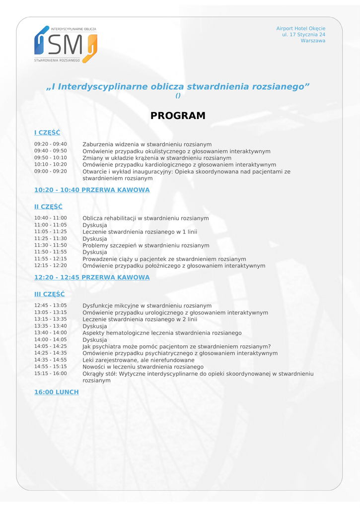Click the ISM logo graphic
[66, 44]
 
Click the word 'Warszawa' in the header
[313, 41]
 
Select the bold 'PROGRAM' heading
[178, 116]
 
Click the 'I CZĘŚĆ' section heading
[47, 132]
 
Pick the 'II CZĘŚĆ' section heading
[48, 206]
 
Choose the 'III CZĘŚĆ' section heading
[49, 294]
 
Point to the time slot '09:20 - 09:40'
[50, 144]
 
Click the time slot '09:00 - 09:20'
[50, 171]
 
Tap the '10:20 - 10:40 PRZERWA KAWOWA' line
[91, 190]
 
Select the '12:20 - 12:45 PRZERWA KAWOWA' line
[91, 277]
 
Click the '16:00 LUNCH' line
[56, 392]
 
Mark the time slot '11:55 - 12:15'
[50, 258]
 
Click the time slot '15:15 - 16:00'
[50, 373]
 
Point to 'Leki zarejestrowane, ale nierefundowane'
[138, 360]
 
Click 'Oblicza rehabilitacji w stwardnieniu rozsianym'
[145, 218]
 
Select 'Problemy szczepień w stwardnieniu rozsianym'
[145, 246]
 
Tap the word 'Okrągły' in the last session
[93, 374]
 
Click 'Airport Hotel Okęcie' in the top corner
[300, 29]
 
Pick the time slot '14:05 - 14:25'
[50, 346]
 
